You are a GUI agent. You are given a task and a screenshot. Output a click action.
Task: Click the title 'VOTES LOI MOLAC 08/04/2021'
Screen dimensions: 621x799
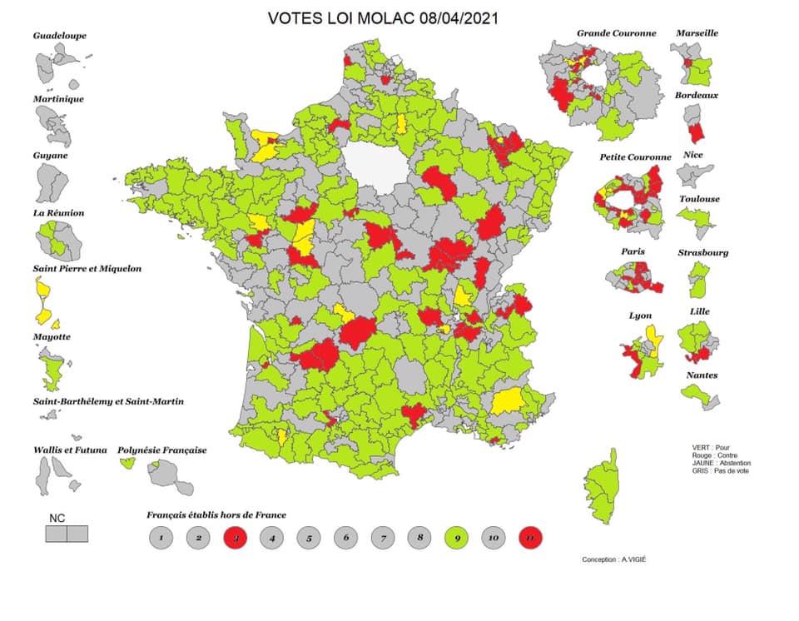click(383, 18)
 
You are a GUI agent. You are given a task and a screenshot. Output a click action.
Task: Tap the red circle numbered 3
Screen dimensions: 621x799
click(236, 539)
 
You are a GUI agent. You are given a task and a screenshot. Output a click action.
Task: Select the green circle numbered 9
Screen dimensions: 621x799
click(455, 539)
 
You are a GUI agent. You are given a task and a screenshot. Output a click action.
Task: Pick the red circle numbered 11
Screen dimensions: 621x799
click(529, 539)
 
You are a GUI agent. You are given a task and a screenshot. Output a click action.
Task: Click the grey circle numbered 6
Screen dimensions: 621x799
click(345, 539)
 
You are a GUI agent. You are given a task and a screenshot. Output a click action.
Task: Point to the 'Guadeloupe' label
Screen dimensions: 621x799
click(59, 36)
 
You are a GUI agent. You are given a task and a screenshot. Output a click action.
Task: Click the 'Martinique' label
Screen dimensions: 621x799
click(58, 99)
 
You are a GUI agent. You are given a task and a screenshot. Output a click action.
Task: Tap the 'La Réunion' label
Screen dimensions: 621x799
click(58, 213)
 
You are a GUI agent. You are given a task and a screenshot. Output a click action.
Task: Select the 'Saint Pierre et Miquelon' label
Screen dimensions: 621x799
click(87, 269)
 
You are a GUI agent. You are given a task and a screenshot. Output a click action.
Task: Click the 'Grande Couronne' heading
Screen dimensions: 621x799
click(616, 33)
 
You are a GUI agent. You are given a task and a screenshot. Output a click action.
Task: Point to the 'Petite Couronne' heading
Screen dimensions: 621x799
click(635, 156)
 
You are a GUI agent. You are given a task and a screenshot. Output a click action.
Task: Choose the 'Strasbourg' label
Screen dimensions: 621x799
click(702, 252)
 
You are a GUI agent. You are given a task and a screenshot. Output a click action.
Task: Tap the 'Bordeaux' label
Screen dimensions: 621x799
click(697, 95)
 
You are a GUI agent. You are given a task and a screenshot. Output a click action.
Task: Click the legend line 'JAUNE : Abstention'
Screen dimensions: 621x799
click(721, 464)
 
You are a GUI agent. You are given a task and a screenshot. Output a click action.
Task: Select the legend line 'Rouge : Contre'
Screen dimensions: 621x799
click(714, 455)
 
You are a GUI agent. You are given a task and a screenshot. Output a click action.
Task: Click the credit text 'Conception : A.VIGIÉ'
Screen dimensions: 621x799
click(613, 559)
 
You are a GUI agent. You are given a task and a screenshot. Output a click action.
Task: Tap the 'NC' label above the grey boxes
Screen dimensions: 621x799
click(57, 518)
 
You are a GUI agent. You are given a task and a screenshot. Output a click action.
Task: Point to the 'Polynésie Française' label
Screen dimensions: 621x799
click(161, 450)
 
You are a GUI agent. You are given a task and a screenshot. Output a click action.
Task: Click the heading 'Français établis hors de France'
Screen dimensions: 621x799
click(216, 515)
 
